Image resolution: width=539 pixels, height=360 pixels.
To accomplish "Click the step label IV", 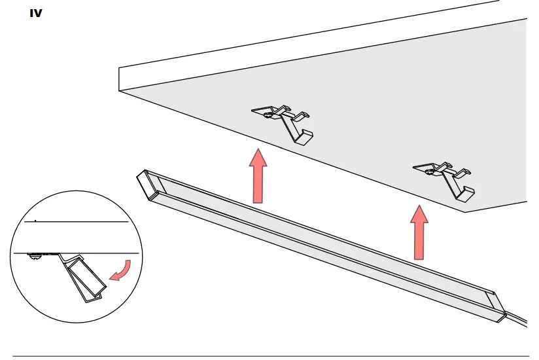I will click(36, 12).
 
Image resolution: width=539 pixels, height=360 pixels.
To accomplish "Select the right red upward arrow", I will click(420, 232).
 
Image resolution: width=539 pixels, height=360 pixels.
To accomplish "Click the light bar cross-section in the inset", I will click(84, 278).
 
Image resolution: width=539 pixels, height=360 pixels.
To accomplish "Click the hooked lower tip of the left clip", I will click(305, 137).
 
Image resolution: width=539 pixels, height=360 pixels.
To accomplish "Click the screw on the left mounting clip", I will click(268, 114).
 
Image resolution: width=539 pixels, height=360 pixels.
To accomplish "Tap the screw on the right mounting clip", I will click(429, 171).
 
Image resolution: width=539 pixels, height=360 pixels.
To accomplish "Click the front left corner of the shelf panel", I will click(120, 90).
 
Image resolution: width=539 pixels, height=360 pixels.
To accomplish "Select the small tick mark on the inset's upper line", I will click(35, 221).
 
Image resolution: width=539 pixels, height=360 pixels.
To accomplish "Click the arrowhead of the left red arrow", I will click(260, 158).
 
